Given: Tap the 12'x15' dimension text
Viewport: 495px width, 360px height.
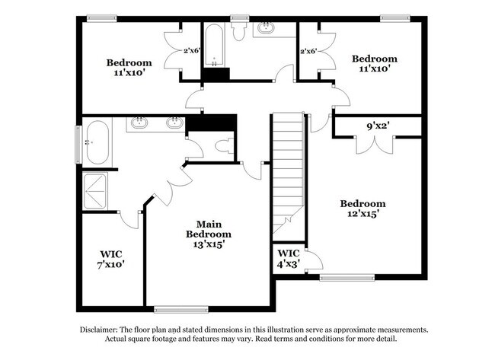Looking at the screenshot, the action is click(x=362, y=214).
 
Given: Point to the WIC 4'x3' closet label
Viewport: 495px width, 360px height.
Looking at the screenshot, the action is click(x=289, y=259).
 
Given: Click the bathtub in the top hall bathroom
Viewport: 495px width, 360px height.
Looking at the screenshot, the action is click(x=214, y=45).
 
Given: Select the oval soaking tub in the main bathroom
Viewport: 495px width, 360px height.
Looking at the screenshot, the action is click(x=97, y=142).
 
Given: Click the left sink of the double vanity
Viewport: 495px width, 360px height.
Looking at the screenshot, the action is click(x=139, y=123).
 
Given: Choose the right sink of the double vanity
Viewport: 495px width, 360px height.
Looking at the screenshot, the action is click(x=174, y=123).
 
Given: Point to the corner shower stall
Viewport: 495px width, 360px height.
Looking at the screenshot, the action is click(x=94, y=191).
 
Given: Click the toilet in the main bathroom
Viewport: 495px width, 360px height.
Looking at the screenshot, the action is click(x=225, y=146).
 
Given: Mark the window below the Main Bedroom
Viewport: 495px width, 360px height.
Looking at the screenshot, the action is click(x=181, y=309).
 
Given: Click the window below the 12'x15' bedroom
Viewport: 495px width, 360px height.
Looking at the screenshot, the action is click(x=347, y=278).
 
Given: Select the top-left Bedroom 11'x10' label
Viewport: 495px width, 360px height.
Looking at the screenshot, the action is click(x=129, y=68).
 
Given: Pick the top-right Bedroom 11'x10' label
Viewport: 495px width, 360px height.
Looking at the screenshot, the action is click(x=375, y=63).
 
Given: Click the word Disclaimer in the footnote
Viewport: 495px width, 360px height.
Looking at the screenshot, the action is click(x=99, y=330).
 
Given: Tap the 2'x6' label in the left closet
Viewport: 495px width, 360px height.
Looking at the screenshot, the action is click(x=192, y=50).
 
